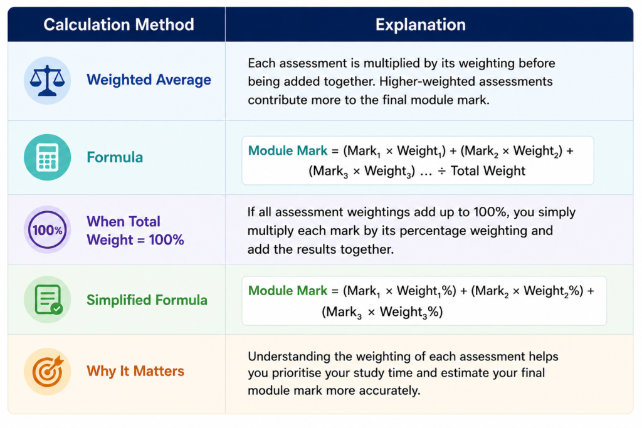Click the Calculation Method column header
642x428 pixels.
[118, 24]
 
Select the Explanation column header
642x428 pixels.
[421, 24]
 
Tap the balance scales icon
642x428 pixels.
[48, 80]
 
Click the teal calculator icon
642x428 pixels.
[48, 157]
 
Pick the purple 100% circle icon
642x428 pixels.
[48, 230]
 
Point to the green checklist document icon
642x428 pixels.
[48, 300]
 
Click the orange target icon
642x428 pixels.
[48, 371]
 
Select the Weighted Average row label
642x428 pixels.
[149, 80]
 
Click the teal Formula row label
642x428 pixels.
[115, 157]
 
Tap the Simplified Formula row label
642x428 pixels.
[147, 300]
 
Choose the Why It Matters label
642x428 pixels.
[135, 371]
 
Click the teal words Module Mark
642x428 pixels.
[288, 150]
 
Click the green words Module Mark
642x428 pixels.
[288, 291]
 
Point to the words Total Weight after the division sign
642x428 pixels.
[488, 170]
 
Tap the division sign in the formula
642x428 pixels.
[442, 171]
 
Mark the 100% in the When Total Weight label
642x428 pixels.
[166, 240]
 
